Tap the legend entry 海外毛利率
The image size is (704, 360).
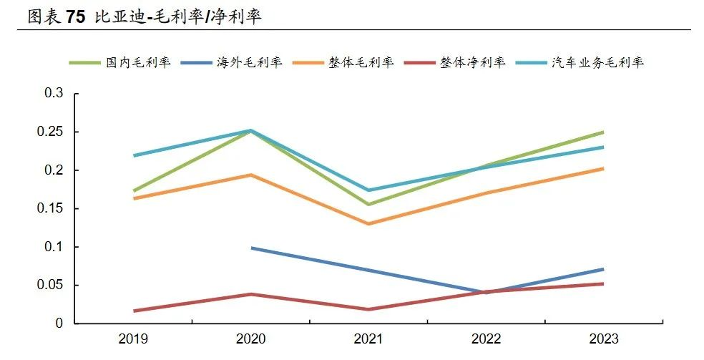pos(250,62)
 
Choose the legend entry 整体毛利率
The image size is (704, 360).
pos(361,62)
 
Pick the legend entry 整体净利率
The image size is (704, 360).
pos(473,62)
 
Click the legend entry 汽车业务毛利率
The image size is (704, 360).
pos(597,62)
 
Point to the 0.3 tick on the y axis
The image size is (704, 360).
pos(54,94)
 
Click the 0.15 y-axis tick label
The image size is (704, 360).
pos(51,209)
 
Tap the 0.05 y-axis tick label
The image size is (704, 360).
pos(51,286)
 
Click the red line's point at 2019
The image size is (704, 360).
pos(134,311)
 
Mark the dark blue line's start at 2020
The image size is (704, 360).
pos(251,248)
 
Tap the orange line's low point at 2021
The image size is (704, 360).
pos(368,224)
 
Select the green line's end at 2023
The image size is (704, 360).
pos(603,132)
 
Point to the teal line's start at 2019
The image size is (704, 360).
pos(134,155)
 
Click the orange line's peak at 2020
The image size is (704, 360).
pos(251,175)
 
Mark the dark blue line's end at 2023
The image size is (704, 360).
pos(603,269)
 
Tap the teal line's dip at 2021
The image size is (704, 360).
pos(368,190)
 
